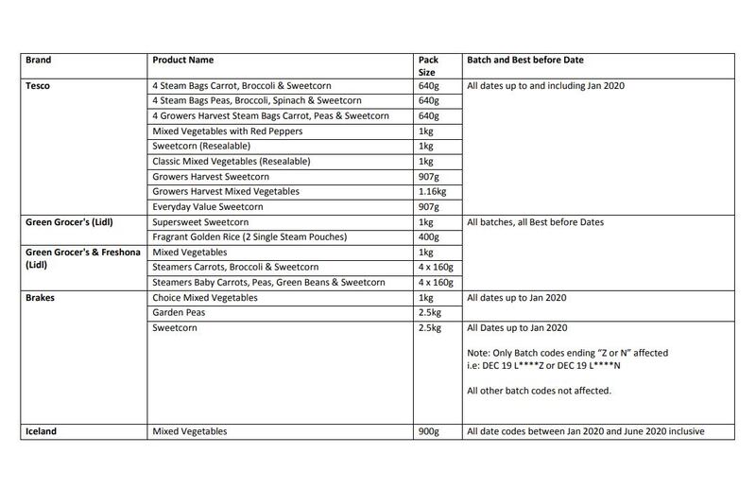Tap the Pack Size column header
tap(427, 65)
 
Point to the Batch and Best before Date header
tap(526, 60)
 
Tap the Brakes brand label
tap(40, 296)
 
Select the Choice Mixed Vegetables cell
tap(204, 296)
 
